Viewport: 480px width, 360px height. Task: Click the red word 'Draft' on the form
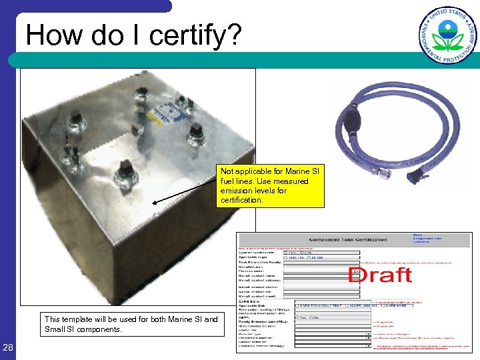point(380,273)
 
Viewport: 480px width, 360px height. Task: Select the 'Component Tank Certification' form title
point(347,239)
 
